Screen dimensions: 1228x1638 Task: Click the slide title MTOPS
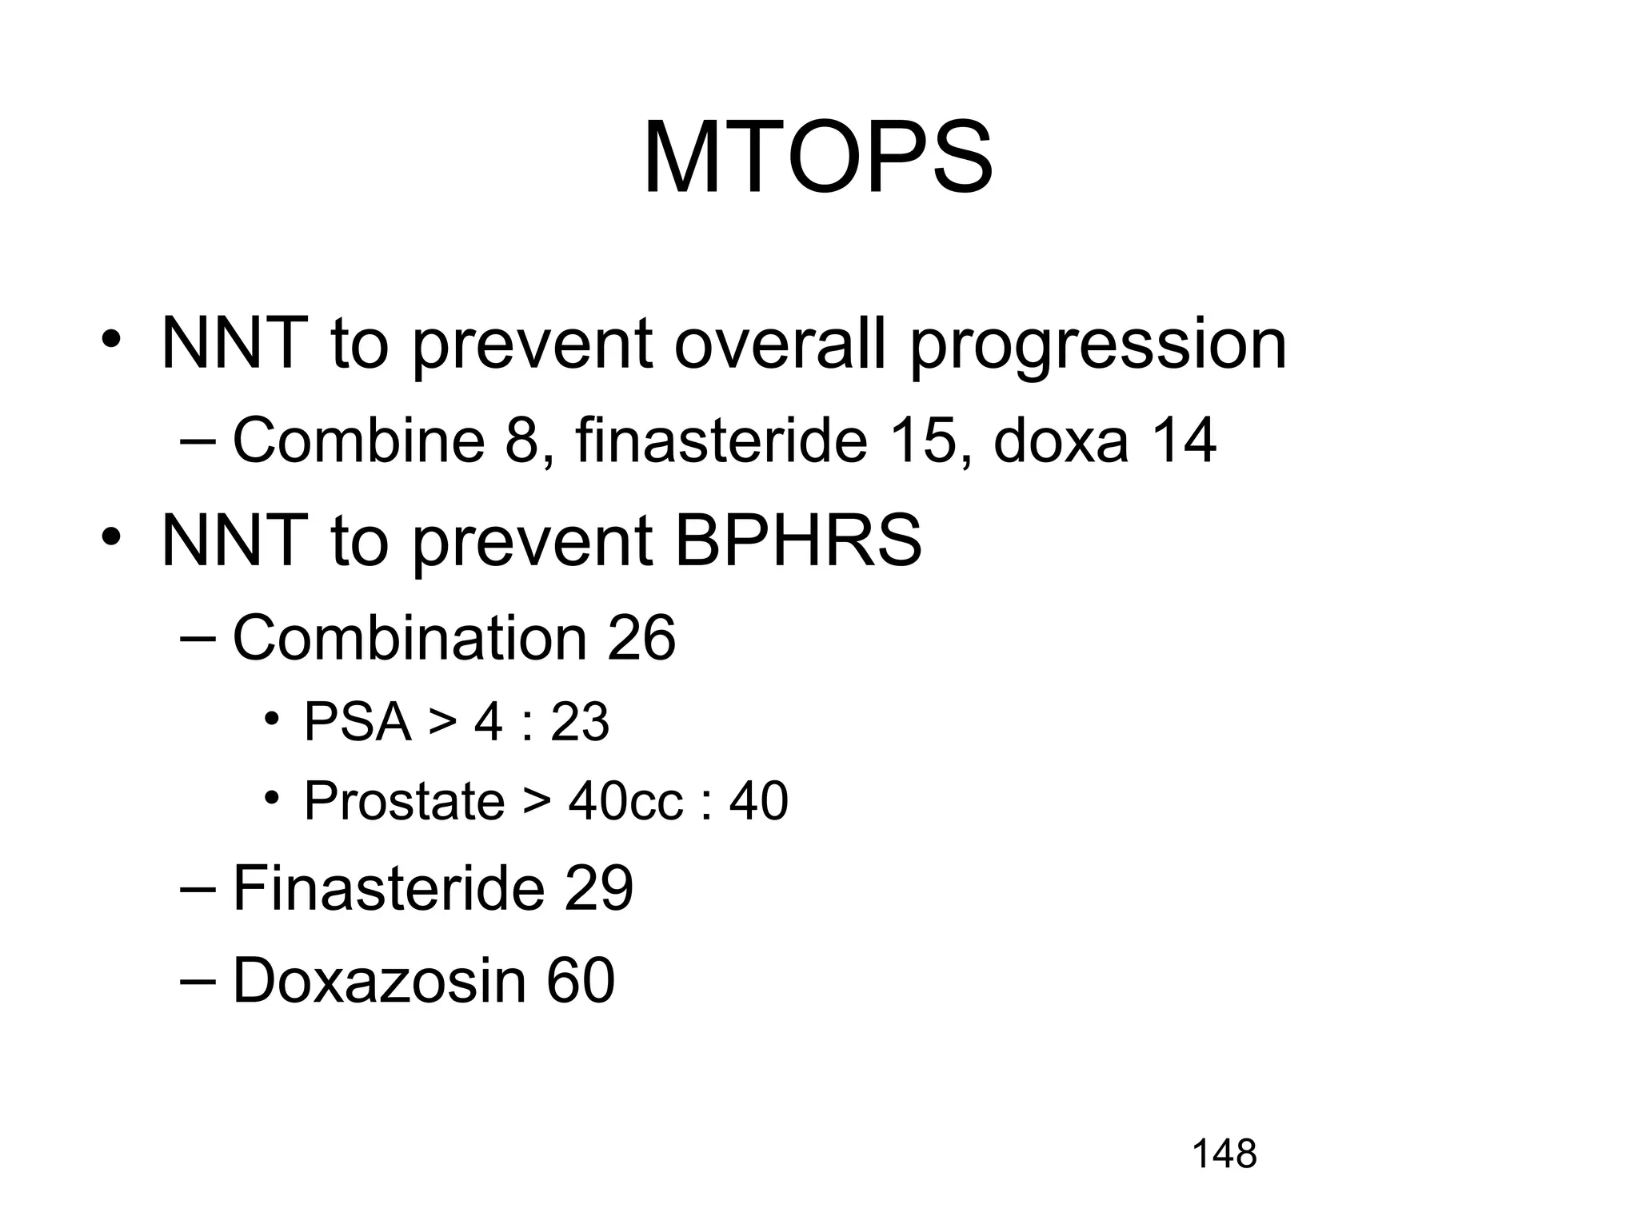[817, 158]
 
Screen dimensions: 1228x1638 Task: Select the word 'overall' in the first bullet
[780, 344]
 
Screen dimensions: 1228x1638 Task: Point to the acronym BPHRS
[797, 541]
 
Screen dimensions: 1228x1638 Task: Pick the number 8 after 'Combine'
[521, 441]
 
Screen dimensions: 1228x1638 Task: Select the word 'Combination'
[409, 638]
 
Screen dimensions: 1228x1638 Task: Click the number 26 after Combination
[641, 638]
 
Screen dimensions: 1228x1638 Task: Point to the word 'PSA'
[357, 722]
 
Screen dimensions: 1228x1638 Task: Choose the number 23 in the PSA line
[580, 722]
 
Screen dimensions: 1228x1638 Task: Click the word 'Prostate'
[404, 802]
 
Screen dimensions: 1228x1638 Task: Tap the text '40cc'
[626, 802]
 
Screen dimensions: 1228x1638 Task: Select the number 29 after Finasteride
[598, 888]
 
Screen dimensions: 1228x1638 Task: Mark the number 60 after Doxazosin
[581, 980]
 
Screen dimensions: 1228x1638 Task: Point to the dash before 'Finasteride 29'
[198, 888]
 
